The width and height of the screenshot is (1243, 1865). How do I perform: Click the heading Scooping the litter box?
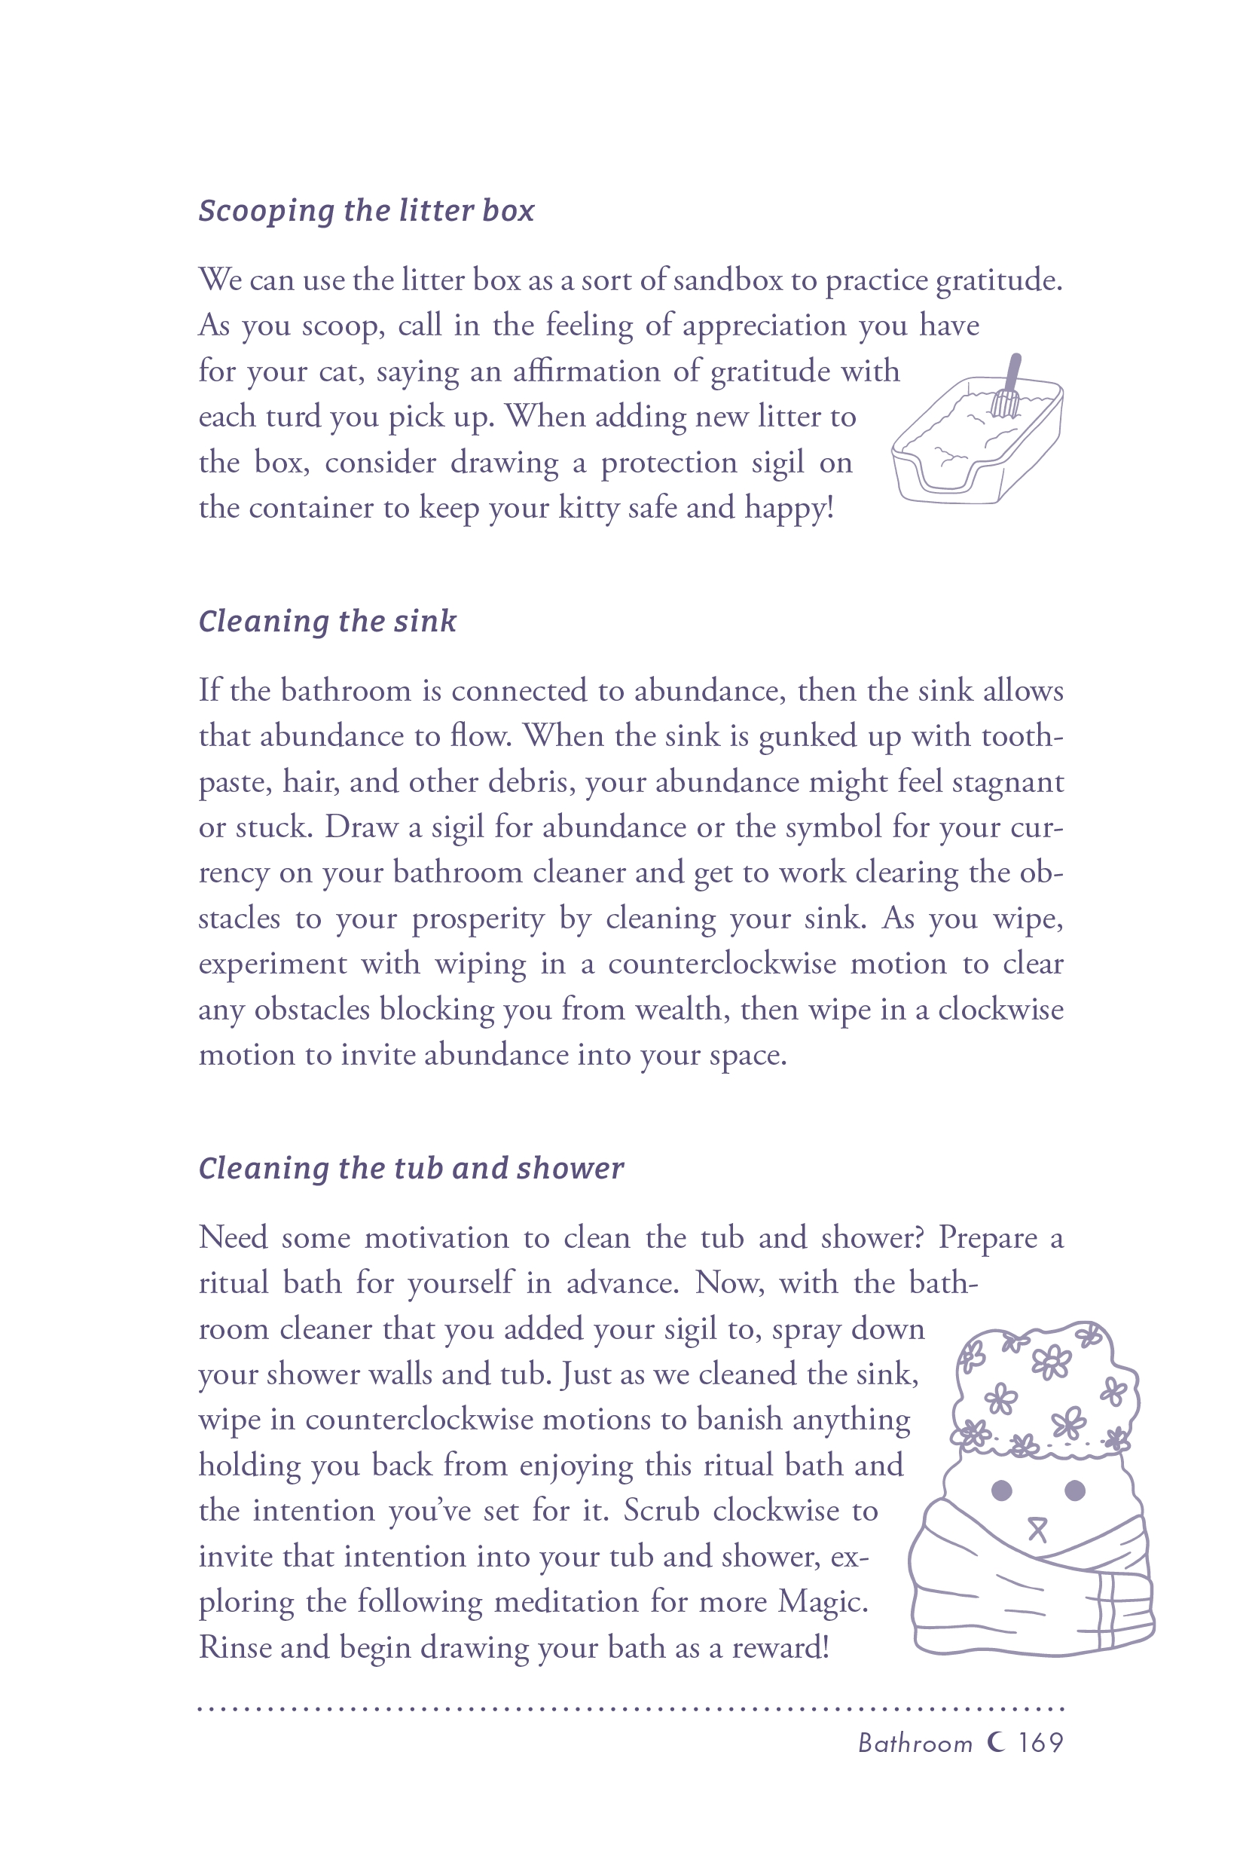(x=366, y=211)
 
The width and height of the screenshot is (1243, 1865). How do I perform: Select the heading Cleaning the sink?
(x=328, y=622)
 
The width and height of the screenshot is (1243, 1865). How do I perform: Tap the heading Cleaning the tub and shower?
(x=411, y=1169)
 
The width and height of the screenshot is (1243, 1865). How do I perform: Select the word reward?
(x=779, y=1649)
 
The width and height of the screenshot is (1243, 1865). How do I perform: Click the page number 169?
(x=1040, y=1743)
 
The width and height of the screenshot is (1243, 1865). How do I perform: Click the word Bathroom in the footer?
(x=915, y=1744)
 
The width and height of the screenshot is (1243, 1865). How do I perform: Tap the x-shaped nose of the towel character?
(x=1037, y=1530)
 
